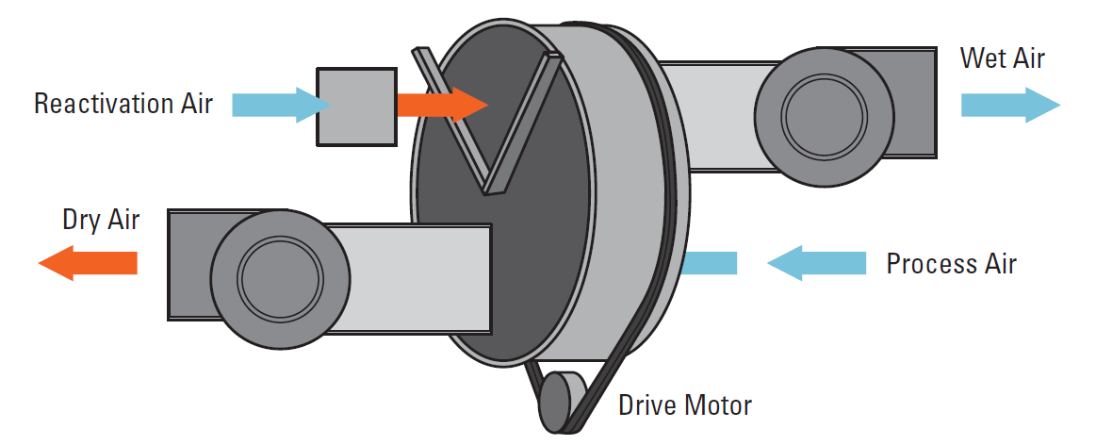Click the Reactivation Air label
(x=123, y=103)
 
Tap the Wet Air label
(x=1002, y=58)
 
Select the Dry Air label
(x=101, y=221)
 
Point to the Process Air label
(x=951, y=263)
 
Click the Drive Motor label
(x=685, y=405)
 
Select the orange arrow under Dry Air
(x=89, y=261)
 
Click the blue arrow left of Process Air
(x=816, y=263)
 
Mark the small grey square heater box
(x=355, y=106)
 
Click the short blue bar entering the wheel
(x=708, y=263)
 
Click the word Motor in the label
(x=719, y=405)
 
